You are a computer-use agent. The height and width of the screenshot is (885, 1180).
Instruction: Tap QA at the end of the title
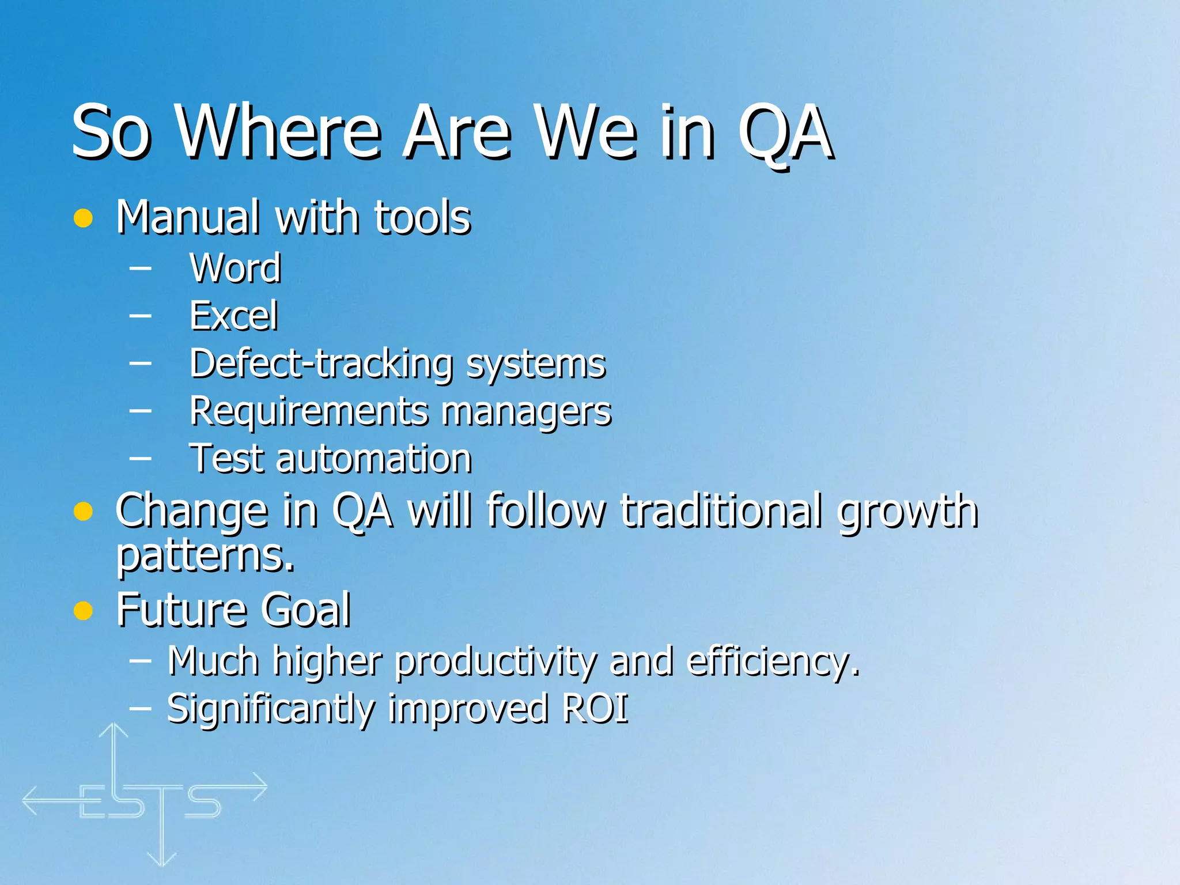click(786, 134)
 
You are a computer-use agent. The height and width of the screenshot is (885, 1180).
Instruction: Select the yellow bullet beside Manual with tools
click(83, 218)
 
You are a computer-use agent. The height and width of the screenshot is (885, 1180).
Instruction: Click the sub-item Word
click(235, 268)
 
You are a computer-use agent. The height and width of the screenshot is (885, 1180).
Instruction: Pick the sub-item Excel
click(234, 316)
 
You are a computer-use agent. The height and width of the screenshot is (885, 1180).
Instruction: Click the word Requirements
click(309, 411)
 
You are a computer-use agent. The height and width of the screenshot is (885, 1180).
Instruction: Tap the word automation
click(374, 459)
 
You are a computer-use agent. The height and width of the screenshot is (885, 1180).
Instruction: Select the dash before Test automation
click(141, 459)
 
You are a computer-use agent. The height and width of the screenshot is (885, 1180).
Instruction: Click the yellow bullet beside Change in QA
click(83, 511)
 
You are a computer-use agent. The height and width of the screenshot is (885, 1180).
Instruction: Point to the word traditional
click(721, 511)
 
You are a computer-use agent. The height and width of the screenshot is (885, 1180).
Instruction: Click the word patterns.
click(205, 556)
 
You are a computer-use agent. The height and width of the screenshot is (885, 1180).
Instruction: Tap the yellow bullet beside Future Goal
click(83, 610)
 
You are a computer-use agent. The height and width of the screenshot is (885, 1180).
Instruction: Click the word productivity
click(495, 661)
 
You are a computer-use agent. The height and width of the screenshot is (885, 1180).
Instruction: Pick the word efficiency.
click(773, 661)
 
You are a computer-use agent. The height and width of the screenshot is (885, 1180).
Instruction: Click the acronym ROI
click(595, 709)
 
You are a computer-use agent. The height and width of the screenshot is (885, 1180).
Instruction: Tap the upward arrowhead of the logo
click(114, 730)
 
